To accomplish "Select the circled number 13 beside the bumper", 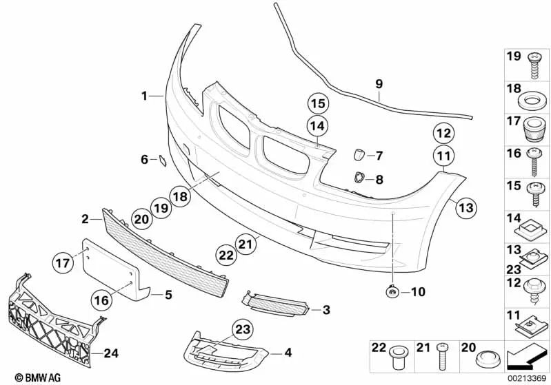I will tap(466, 207).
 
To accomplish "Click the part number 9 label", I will tap(379, 84).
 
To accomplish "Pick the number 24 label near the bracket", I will tap(110, 354).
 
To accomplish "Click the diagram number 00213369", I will tap(527, 378).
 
